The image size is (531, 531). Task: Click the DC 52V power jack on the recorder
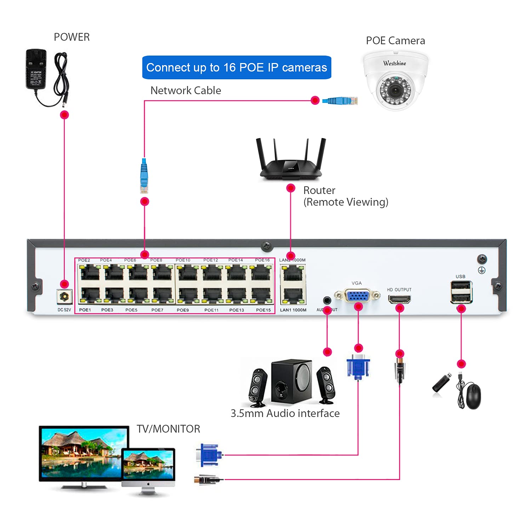[x=64, y=296]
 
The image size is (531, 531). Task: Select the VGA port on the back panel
[x=358, y=295]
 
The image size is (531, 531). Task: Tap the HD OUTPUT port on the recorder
[x=399, y=299]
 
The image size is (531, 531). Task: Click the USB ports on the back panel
[x=461, y=292]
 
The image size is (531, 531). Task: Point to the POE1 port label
[x=85, y=310]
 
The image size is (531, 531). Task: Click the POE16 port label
[x=262, y=260]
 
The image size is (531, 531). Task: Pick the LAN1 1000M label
[x=293, y=310]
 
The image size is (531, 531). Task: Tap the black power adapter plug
[x=36, y=69]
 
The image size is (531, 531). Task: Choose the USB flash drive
[x=442, y=382]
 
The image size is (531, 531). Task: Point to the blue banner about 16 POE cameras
[x=236, y=67]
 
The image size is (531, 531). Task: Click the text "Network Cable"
[x=185, y=91]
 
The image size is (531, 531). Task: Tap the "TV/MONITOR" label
[x=168, y=429]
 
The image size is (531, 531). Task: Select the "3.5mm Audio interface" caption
[x=285, y=413]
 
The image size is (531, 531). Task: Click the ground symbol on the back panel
[x=482, y=270]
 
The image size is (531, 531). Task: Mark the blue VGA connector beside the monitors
[x=209, y=455]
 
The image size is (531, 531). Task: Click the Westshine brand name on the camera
[x=395, y=63]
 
